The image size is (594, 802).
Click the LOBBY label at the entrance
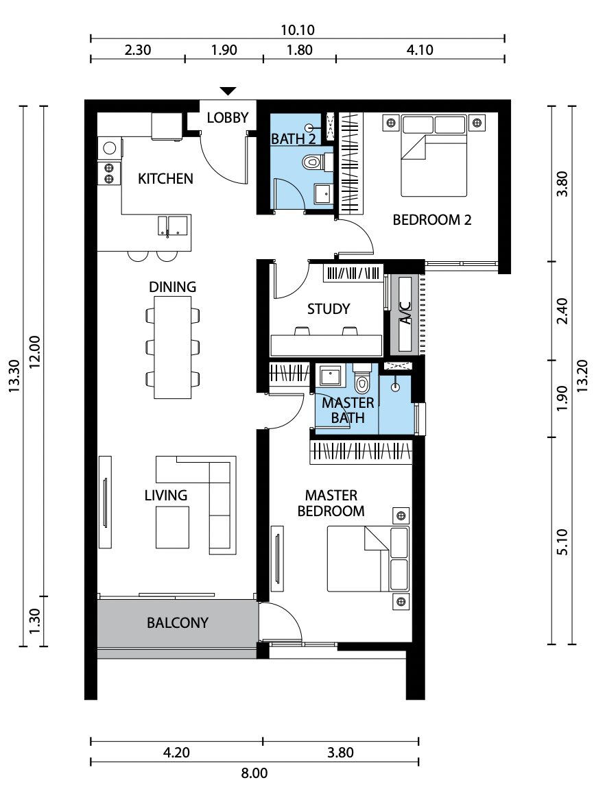228,118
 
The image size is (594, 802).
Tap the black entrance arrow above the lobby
228,91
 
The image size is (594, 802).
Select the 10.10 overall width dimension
297,29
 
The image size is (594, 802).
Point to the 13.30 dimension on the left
14,376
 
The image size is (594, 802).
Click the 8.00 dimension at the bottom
254,773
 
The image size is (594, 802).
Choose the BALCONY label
178,622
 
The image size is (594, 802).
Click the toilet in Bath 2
312,162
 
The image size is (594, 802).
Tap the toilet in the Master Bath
361,382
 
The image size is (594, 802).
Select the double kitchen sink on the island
172,226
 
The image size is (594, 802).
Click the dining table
172,348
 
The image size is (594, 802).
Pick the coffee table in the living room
172,527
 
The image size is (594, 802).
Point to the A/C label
405,313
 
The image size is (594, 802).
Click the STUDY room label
329,309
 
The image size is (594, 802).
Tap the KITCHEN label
165,178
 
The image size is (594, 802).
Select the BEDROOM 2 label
432,220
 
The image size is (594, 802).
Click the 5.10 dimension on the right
562,542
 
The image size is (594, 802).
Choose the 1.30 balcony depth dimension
34,621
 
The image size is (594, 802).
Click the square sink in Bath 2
323,195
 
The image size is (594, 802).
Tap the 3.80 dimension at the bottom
340,753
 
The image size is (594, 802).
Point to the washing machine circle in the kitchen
110,148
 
